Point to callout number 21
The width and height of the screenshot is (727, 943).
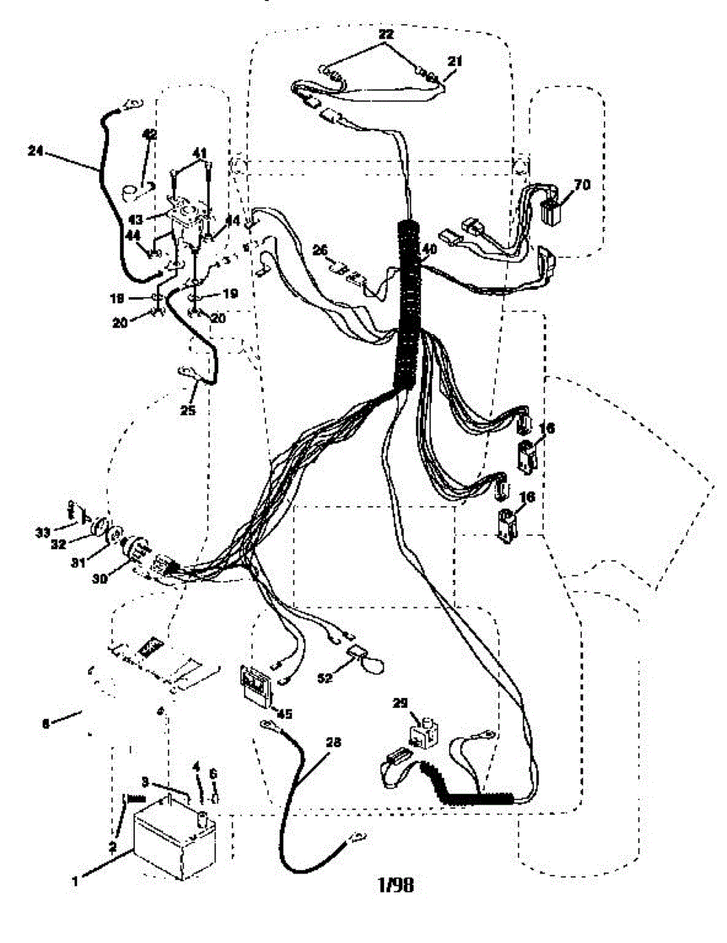455,61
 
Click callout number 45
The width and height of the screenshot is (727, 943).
284,714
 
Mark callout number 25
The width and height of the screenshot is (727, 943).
186,409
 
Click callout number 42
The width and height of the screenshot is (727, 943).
150,134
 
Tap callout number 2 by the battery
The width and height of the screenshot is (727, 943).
112,848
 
